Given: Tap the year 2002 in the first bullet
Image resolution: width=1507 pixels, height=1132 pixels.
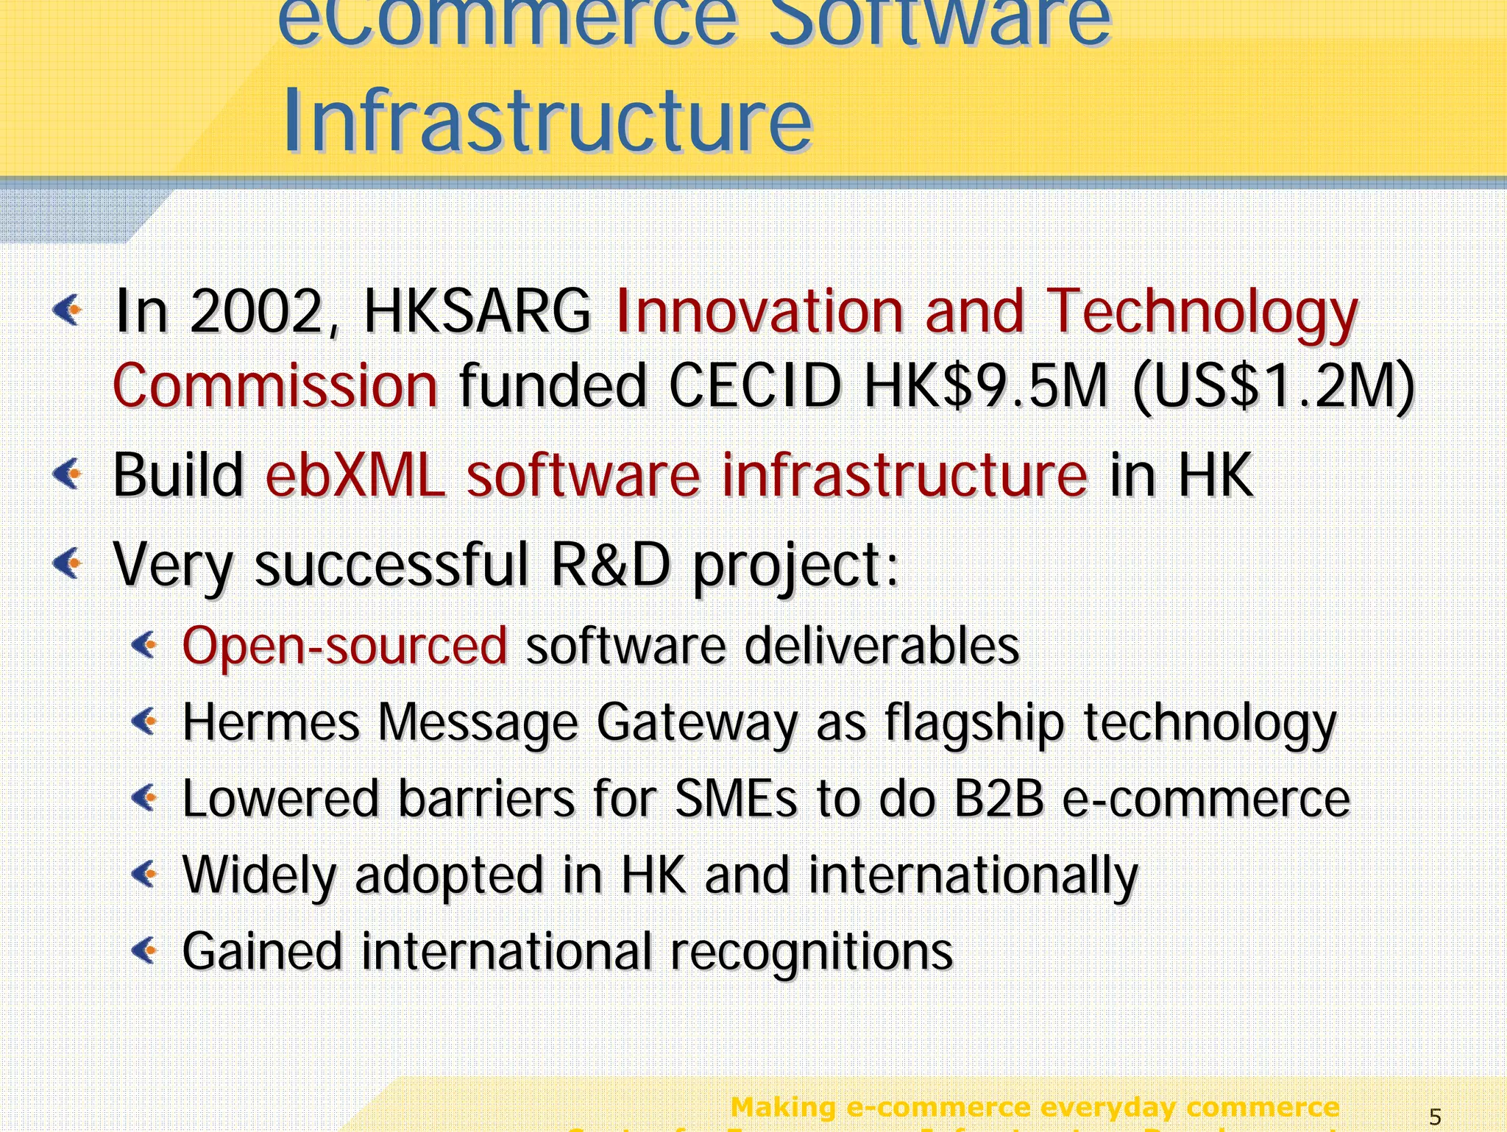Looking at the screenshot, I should point(256,312).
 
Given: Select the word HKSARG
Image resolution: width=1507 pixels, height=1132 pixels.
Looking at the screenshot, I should point(478,312).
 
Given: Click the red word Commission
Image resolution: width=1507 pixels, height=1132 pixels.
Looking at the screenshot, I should point(275,386).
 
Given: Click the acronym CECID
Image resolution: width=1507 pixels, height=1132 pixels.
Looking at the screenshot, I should point(755,386).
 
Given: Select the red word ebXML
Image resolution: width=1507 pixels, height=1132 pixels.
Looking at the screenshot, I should point(355,475).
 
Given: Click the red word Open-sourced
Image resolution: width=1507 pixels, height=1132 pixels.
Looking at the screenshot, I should point(344,646).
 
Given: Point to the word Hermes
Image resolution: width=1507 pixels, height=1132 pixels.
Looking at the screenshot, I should point(271,722).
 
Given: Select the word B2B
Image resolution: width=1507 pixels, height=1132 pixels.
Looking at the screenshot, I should point(999,799).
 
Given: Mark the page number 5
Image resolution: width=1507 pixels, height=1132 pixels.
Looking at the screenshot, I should point(1435,1117).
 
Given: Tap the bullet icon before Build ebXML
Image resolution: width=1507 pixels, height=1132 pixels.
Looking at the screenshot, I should point(68,474).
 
